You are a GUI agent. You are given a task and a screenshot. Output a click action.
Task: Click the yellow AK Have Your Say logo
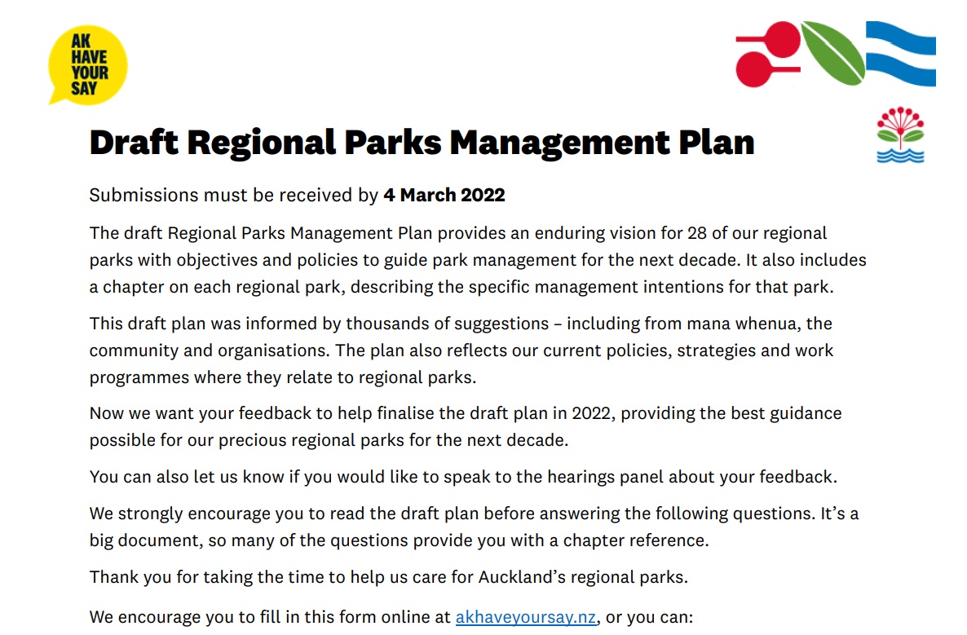pos(88,64)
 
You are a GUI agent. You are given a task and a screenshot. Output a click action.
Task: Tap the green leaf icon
pos(832,52)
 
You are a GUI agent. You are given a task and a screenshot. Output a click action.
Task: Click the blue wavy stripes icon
pos(900,54)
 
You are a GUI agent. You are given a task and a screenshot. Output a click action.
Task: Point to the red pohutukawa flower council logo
pos(900,135)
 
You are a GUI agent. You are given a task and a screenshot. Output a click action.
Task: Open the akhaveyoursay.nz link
pos(526,616)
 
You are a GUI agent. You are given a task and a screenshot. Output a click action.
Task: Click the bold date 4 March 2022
pos(444,196)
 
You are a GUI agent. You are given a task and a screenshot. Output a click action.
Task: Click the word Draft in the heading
pos(132,143)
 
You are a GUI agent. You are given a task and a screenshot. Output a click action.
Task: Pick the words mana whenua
pos(736,324)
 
